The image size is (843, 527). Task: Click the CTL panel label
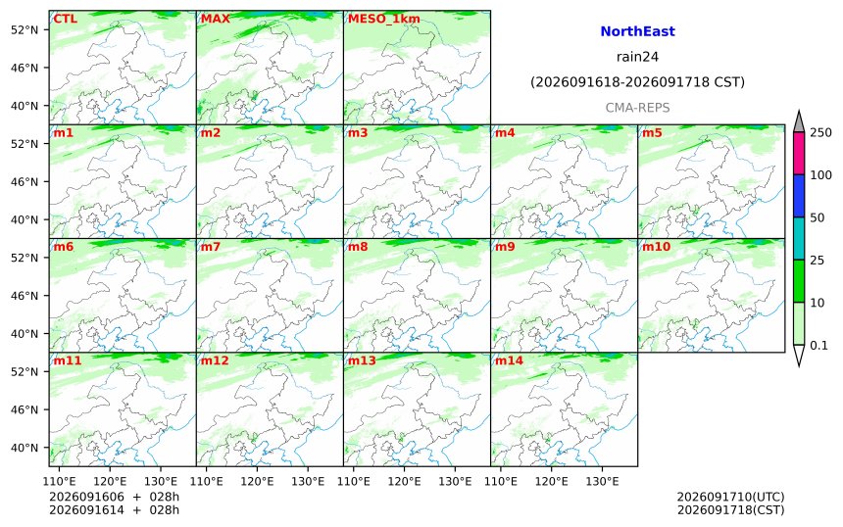(x=65, y=19)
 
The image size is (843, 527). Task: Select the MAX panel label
(x=215, y=19)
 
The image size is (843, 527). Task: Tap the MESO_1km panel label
(x=384, y=20)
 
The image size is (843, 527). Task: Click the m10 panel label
(x=657, y=246)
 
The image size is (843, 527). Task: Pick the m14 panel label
(x=509, y=359)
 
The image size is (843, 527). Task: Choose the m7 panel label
(x=211, y=246)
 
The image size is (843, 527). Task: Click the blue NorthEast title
(x=637, y=31)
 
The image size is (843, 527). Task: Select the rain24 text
(x=637, y=57)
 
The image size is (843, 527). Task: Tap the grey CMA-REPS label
(x=637, y=108)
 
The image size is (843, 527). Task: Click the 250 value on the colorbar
(x=821, y=132)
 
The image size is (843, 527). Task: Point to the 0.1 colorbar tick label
(x=818, y=346)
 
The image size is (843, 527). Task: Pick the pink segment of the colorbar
(x=799, y=153)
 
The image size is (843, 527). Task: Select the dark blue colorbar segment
(x=799, y=196)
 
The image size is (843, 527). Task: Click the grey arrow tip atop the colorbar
(x=799, y=112)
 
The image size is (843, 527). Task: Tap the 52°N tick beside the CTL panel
(x=25, y=29)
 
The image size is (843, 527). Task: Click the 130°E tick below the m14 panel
(x=602, y=481)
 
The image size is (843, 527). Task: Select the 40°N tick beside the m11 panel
(x=25, y=448)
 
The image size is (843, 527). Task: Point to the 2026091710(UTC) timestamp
(x=730, y=497)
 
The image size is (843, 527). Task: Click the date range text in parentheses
(x=637, y=82)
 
